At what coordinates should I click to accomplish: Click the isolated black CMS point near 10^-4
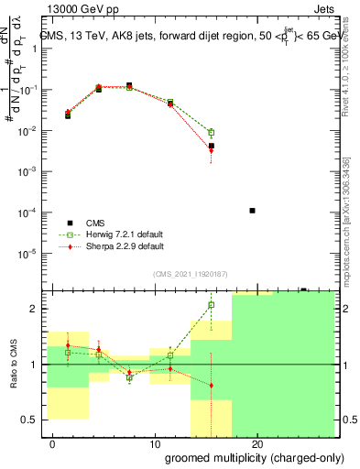(x=252, y=211)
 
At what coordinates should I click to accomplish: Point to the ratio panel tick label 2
(x=38, y=309)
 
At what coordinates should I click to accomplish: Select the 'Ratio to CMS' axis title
(x=13, y=365)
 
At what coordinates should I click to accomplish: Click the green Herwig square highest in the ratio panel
(x=212, y=305)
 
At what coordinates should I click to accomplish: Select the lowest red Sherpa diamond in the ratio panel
(x=212, y=385)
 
